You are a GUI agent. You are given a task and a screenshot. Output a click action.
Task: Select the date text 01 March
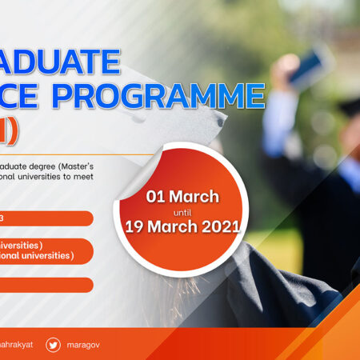[182, 196]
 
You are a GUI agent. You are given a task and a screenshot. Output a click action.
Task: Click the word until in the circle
[182, 212]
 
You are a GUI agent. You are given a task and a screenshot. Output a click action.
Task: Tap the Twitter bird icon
[54, 345]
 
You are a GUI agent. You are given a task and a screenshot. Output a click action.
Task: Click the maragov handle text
[85, 345]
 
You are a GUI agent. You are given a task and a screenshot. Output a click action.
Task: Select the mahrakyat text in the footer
[16, 345]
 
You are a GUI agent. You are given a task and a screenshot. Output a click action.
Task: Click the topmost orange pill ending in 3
[44, 218]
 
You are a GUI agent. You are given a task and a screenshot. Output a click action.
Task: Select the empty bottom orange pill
[44, 285]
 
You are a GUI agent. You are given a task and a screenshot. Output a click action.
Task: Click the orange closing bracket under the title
[11, 129]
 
